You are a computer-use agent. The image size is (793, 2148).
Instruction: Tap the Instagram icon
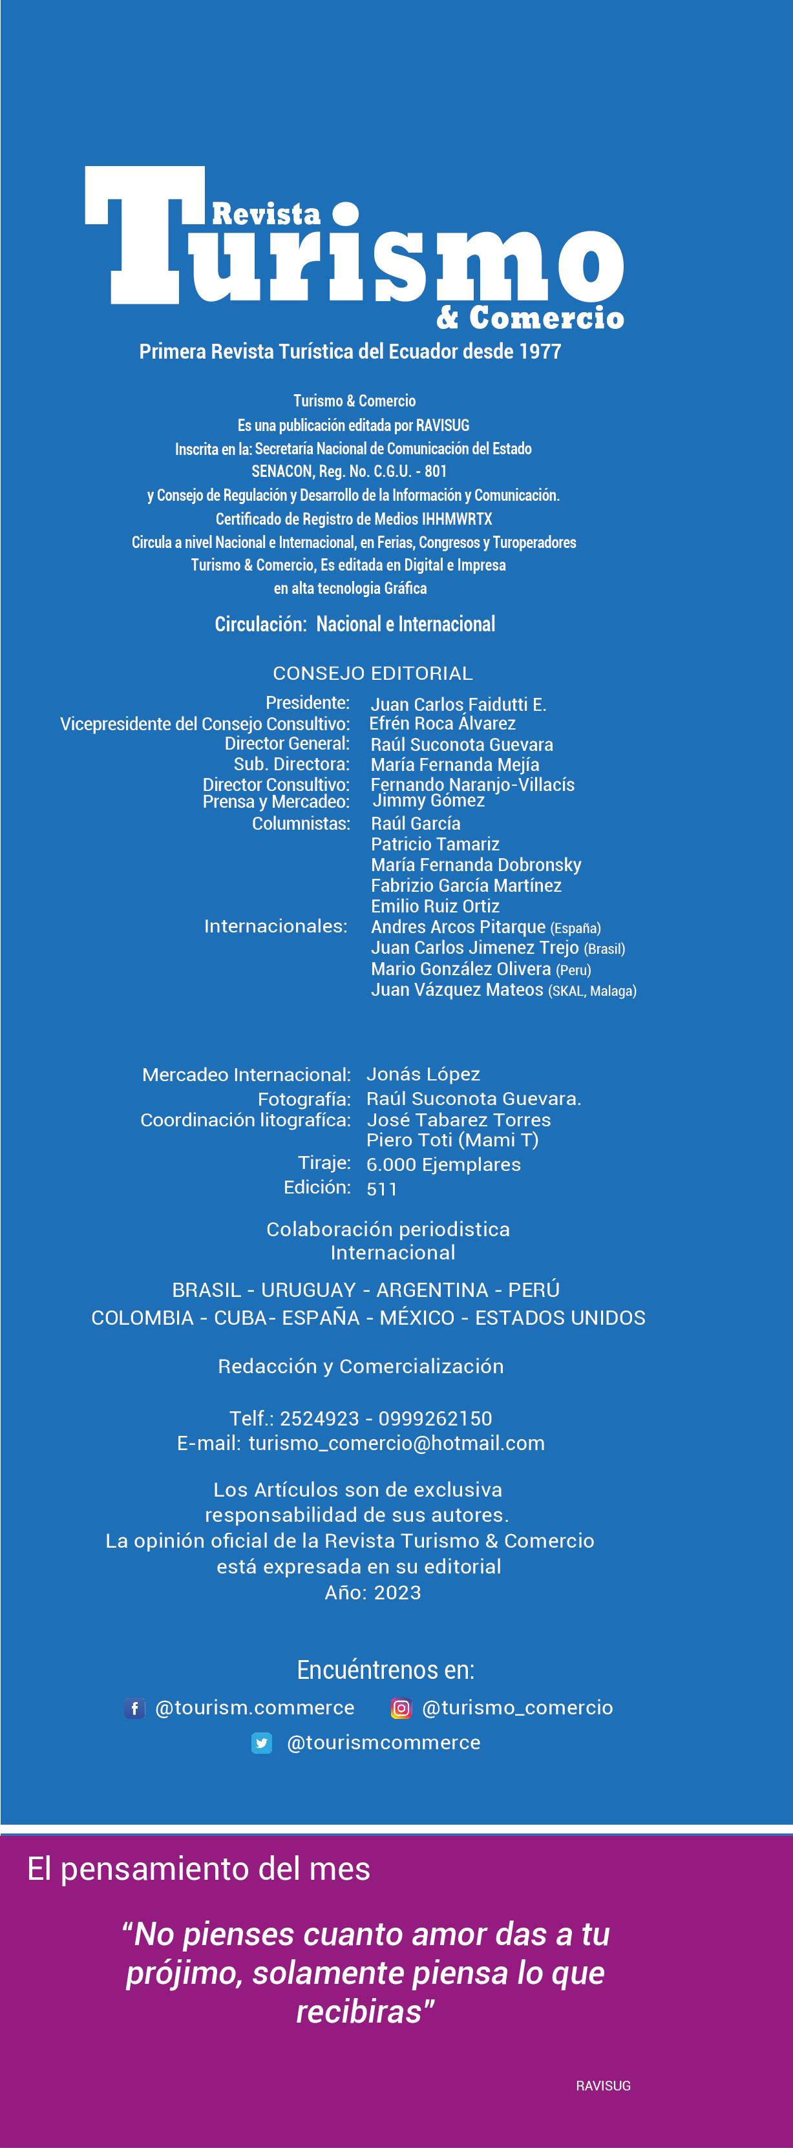pos(401,1708)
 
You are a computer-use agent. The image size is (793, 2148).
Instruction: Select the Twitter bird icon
pos(262,1743)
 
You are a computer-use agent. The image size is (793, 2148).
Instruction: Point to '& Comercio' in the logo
pos(529,317)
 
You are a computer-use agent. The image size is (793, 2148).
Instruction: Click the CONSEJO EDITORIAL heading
pos(373,673)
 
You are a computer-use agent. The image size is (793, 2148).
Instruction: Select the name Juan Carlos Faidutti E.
pos(458,704)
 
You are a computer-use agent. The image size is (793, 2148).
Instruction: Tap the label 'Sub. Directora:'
pos(291,764)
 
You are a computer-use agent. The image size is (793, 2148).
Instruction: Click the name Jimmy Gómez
pos(428,801)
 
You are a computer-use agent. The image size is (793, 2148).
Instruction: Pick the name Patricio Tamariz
pos(435,844)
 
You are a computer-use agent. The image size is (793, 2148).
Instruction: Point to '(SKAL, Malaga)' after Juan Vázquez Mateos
pos(592,991)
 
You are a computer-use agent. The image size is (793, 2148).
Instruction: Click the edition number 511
pos(382,1189)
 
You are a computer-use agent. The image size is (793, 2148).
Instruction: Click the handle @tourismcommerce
pos(384,1743)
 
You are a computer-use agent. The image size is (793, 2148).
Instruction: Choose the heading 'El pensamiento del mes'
pos(198,1869)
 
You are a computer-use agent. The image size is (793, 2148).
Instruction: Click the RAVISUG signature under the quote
pos(603,2085)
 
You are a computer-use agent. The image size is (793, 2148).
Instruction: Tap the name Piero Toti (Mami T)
pos(453,1140)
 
